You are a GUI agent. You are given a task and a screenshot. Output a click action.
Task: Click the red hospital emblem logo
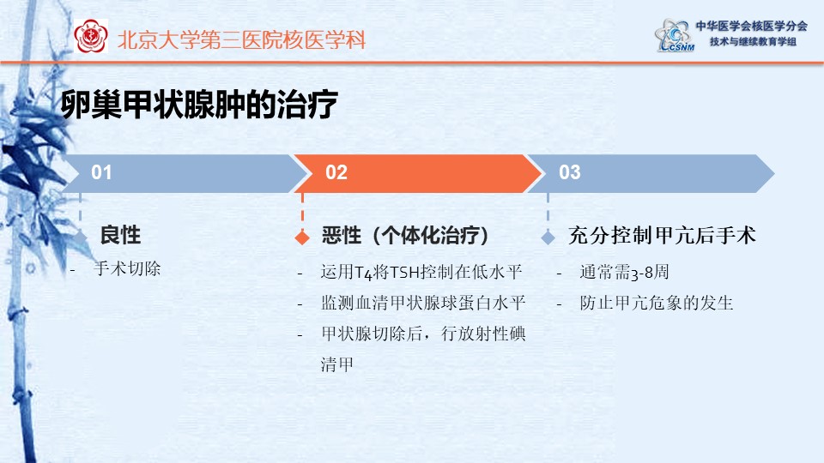(91, 36)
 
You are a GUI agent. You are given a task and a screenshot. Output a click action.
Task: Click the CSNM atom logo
(673, 35)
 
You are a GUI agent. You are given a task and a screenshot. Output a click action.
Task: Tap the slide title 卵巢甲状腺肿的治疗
(198, 105)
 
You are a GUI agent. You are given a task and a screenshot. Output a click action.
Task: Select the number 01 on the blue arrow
(101, 172)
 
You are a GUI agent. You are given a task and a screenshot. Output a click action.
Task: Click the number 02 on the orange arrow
(336, 172)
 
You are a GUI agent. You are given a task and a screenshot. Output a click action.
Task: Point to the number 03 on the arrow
(570, 172)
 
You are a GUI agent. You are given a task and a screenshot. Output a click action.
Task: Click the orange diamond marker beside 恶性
(302, 238)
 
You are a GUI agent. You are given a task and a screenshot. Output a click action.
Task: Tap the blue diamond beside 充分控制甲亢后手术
(548, 238)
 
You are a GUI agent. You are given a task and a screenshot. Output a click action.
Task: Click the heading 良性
(120, 235)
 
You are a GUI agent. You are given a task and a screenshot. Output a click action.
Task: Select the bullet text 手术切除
(127, 268)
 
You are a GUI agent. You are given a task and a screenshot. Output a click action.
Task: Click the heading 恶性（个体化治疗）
(405, 235)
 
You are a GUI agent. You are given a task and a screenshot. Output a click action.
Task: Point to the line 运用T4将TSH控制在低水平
(421, 272)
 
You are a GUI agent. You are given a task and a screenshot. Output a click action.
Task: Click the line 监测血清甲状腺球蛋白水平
(423, 303)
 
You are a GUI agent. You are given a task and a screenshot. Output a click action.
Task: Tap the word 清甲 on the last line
(336, 364)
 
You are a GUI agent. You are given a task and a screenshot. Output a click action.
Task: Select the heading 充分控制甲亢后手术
(662, 235)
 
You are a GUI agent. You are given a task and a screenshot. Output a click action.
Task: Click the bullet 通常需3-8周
(624, 272)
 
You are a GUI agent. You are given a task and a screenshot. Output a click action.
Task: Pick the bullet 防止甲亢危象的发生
(657, 303)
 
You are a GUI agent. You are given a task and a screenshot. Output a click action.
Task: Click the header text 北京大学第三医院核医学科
(241, 40)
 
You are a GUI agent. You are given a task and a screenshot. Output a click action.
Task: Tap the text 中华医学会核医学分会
(752, 26)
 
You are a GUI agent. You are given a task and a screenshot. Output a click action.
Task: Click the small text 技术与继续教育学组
(753, 41)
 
